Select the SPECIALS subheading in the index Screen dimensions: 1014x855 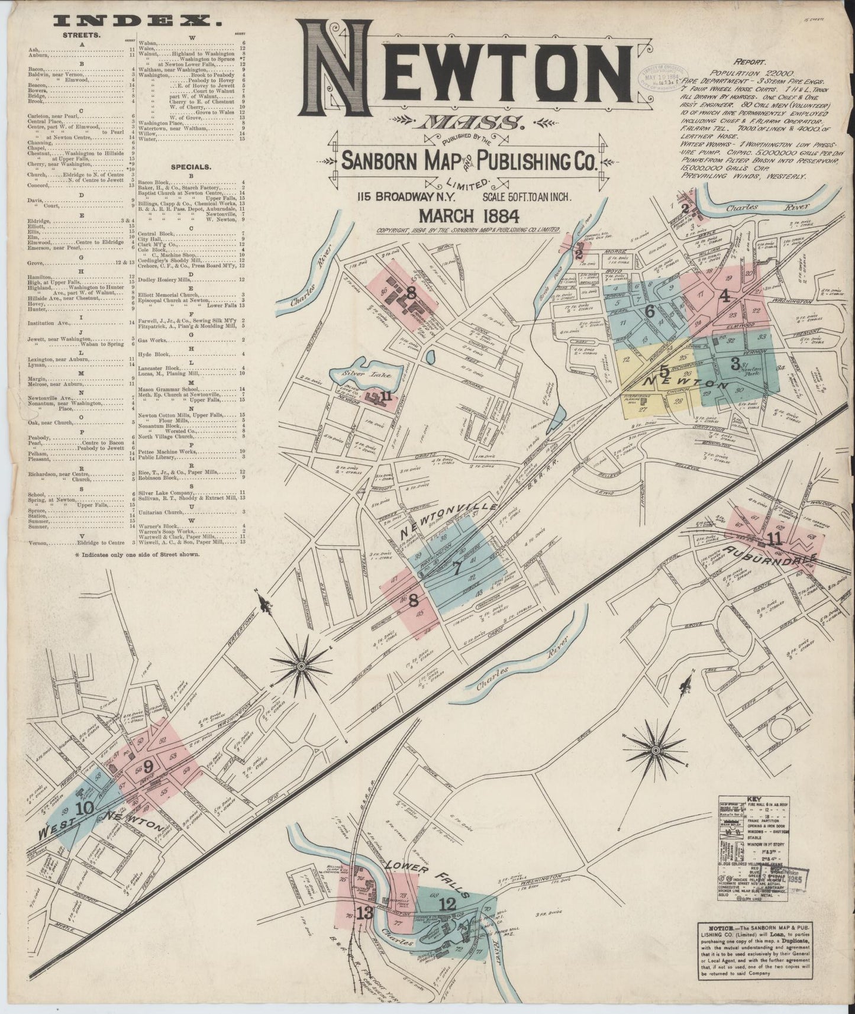(x=191, y=167)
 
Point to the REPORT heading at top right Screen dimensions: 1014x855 (x=750, y=61)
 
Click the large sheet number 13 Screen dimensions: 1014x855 (x=364, y=913)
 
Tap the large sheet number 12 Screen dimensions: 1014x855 (x=448, y=903)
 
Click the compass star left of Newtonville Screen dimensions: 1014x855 (x=301, y=666)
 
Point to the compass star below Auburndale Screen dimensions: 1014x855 (x=655, y=750)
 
